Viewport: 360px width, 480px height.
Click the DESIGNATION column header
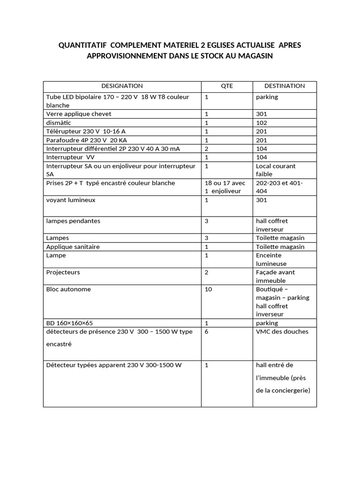[122, 86]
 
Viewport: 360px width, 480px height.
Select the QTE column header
[227, 86]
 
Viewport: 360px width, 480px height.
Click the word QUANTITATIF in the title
[82, 46]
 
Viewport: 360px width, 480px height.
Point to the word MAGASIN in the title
[253, 56]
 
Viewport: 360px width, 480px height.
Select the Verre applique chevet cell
[79, 114]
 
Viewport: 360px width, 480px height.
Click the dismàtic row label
[58, 123]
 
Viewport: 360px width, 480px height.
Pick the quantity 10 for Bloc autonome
[209, 289]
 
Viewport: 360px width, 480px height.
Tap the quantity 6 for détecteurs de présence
[207, 332]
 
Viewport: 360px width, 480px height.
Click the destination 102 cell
[262, 123]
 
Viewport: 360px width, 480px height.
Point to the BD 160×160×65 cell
[69, 323]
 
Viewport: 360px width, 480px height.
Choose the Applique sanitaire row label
[73, 247]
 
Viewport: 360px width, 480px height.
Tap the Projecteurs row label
[63, 272]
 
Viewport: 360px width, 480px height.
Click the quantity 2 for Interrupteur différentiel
[207, 149]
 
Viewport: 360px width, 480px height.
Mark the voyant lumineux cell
[71, 200]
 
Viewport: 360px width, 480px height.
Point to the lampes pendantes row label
[73, 221]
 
